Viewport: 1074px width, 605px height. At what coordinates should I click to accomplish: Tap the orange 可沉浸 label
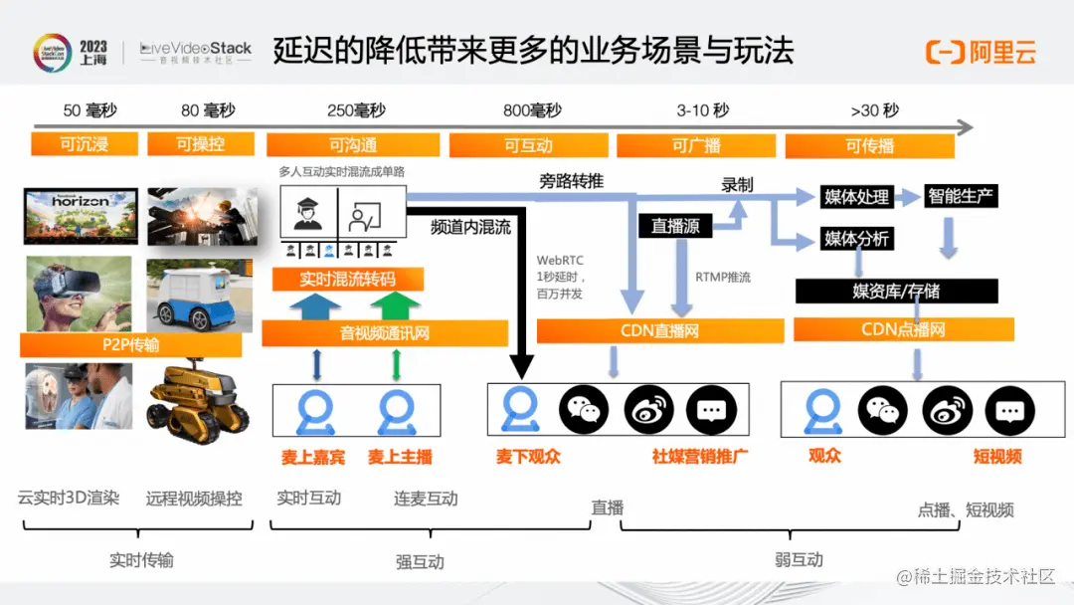84,144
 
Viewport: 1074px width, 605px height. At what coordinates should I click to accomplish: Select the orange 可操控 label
201,144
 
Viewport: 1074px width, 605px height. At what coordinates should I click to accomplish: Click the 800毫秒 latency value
532,110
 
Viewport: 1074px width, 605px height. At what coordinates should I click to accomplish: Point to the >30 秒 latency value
874,110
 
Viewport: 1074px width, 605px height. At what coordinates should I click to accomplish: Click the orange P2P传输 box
130,345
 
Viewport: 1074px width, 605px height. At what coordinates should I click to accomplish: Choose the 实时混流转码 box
347,279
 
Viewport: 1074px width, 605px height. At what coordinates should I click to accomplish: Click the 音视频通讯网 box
385,333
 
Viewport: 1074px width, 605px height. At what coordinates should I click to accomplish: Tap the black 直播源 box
675,226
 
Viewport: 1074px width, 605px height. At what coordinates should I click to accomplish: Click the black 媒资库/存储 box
896,291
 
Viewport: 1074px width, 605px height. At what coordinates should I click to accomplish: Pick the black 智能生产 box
960,195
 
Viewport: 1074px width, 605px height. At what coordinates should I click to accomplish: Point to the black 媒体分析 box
856,239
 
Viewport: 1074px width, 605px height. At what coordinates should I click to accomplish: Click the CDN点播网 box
903,329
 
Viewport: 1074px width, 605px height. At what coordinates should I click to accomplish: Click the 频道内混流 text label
470,227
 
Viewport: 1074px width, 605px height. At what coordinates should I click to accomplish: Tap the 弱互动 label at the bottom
799,559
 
